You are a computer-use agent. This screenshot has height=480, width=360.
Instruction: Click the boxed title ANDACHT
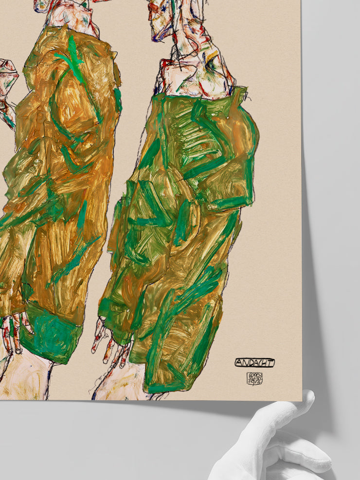pos(254,362)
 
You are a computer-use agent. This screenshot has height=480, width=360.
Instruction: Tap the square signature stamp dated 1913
pos(254,378)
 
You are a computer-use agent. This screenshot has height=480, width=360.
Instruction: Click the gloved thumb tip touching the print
pos(306,396)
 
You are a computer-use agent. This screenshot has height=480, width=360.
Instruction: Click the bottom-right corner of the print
pos(301,400)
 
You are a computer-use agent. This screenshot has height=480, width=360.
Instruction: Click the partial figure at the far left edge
pos(7,92)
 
